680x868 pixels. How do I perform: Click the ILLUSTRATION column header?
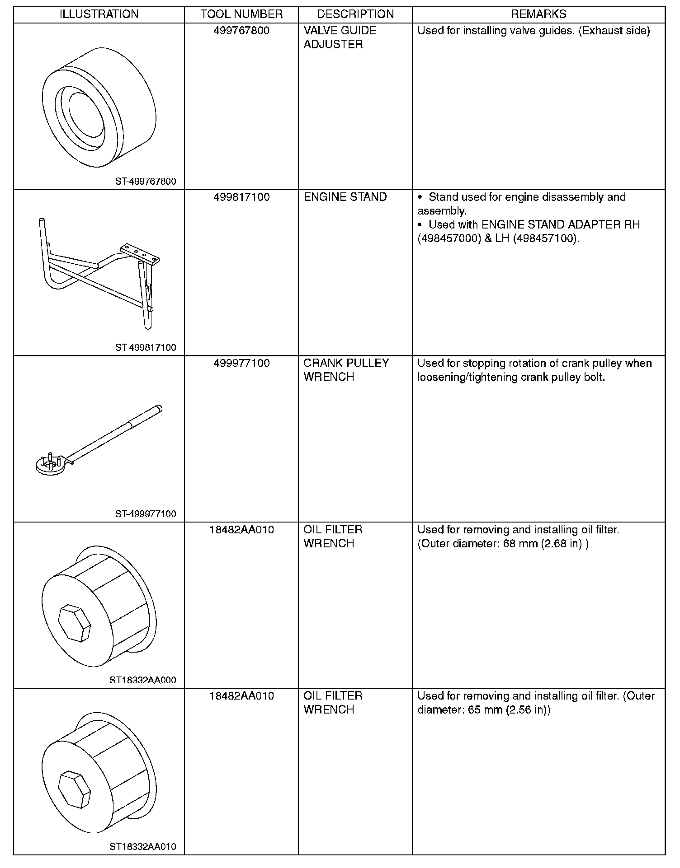coord(99,14)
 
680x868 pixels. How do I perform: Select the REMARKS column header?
coord(538,14)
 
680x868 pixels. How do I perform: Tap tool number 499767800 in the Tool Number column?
coord(241,31)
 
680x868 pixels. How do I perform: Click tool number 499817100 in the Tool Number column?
coord(241,197)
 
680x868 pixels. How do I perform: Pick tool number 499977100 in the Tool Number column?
coord(241,364)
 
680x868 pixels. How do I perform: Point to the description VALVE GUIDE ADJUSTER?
coord(340,37)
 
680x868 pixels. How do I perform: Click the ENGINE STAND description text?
coord(345,197)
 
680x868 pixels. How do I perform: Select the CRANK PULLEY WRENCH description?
coord(346,370)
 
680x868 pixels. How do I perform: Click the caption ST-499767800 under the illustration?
coord(146,182)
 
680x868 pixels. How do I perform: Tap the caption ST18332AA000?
coord(143,680)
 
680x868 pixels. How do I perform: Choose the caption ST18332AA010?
coord(143,846)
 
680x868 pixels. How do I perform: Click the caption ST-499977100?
coord(146,514)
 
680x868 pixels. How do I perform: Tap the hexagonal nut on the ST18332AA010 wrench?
coord(75,790)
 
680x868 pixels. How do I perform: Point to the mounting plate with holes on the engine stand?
coord(140,253)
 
